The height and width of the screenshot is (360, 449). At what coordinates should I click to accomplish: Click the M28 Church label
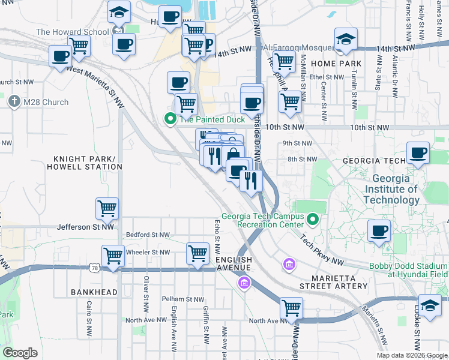[x=46, y=102]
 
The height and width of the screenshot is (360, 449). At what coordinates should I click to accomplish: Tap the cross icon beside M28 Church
[x=14, y=101]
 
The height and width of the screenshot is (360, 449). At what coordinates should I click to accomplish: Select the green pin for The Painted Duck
[x=170, y=119]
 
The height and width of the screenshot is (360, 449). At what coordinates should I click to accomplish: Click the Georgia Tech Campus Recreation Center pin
[x=312, y=220]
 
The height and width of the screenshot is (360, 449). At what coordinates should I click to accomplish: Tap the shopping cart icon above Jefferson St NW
[x=107, y=209]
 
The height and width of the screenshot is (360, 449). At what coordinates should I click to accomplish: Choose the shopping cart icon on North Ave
[x=291, y=308]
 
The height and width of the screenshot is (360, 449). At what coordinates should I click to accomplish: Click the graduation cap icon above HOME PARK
[x=346, y=40]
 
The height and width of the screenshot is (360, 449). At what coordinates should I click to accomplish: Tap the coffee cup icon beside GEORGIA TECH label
[x=418, y=152]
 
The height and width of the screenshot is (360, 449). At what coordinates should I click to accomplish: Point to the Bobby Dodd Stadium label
[x=408, y=270]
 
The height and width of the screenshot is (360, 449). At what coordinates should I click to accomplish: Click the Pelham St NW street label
[x=184, y=299]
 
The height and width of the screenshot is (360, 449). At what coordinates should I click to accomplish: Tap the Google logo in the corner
[x=20, y=352]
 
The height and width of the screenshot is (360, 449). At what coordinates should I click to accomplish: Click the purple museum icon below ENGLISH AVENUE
[x=244, y=283]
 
